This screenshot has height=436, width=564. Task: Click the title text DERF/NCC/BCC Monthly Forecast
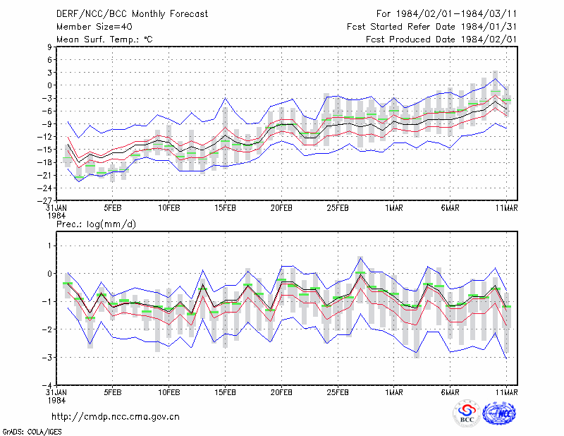click(132, 14)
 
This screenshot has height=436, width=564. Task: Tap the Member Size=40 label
click(94, 27)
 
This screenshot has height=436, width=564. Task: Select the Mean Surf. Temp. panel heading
click(104, 40)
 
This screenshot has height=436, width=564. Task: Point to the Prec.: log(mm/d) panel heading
click(96, 224)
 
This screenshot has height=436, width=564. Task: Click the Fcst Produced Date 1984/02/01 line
click(441, 40)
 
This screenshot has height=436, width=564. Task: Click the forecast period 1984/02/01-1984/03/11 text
click(446, 14)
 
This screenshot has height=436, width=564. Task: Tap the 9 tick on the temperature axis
click(49, 47)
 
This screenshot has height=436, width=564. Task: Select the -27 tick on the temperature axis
click(47, 200)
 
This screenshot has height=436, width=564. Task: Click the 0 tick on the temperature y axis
click(49, 85)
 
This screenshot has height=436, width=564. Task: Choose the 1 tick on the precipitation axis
click(49, 246)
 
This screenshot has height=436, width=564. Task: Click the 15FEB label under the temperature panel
click(225, 208)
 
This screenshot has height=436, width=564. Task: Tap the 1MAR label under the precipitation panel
click(394, 392)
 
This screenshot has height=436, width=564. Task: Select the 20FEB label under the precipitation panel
click(281, 392)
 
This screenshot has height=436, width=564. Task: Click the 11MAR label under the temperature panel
click(506, 208)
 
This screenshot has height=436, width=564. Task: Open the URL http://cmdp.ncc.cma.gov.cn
click(116, 417)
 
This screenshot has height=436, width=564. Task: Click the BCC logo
click(467, 413)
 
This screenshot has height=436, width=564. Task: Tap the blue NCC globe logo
click(500, 413)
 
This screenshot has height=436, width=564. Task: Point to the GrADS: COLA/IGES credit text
click(32, 432)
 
